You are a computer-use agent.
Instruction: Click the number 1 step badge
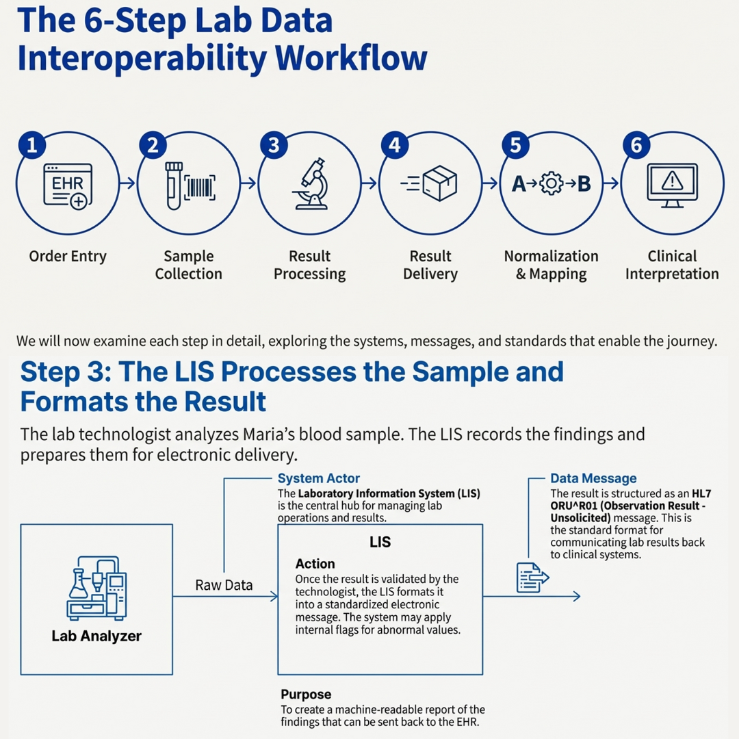31,145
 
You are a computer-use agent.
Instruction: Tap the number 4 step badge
395,145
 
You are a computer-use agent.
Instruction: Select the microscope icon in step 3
310,183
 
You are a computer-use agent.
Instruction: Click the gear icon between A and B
551,184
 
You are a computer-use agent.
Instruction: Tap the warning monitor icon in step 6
672,183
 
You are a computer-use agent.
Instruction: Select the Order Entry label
68,257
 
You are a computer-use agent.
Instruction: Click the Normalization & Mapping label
551,265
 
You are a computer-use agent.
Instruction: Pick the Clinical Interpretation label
672,265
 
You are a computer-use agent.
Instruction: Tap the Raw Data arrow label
224,585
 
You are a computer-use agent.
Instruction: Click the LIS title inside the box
380,542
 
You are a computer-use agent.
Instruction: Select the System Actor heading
318,479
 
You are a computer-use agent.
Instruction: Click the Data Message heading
593,479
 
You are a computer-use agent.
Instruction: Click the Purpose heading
306,695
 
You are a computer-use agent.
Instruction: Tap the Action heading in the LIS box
315,564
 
